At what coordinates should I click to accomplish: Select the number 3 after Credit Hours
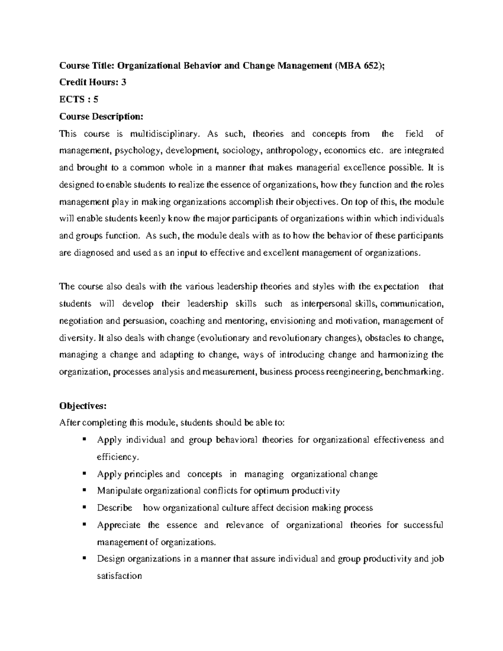click(123, 82)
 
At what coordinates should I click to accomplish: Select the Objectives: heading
click(83, 406)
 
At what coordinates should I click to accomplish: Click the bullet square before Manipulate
click(84, 489)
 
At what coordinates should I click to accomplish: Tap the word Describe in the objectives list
click(114, 508)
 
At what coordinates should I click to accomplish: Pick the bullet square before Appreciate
click(84, 524)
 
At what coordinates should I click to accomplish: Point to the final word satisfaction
click(119, 576)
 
